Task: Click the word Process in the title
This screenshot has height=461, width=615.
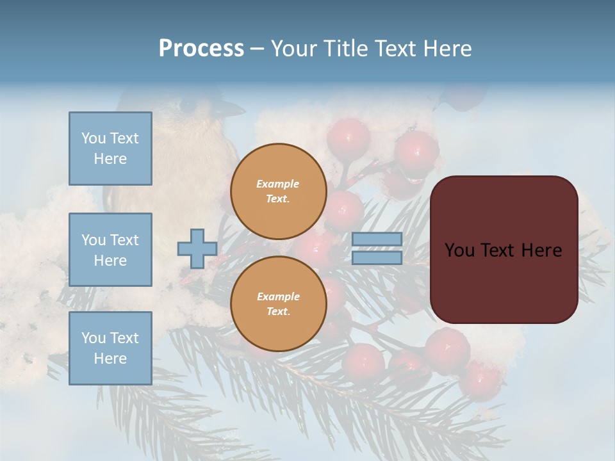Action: [x=201, y=49]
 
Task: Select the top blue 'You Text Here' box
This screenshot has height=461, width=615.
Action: [x=110, y=149]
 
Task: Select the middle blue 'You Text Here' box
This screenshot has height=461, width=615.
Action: [x=110, y=250]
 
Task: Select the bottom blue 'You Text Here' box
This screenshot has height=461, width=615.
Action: [x=110, y=348]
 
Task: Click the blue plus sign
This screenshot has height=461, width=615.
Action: [x=197, y=248]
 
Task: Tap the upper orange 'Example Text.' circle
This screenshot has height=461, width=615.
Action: [x=278, y=191]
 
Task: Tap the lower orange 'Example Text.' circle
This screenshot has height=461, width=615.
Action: [x=278, y=303]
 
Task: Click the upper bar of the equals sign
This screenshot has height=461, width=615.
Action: [x=377, y=239]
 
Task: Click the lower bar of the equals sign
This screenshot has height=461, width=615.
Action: [x=377, y=257]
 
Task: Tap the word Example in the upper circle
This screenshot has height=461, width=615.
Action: [x=278, y=184]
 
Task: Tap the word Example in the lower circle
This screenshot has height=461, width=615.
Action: [x=278, y=296]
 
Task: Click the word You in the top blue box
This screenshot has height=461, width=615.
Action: [x=94, y=138]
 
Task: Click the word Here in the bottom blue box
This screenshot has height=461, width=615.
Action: [x=110, y=359]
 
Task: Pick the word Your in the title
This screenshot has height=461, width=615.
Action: [x=293, y=49]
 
